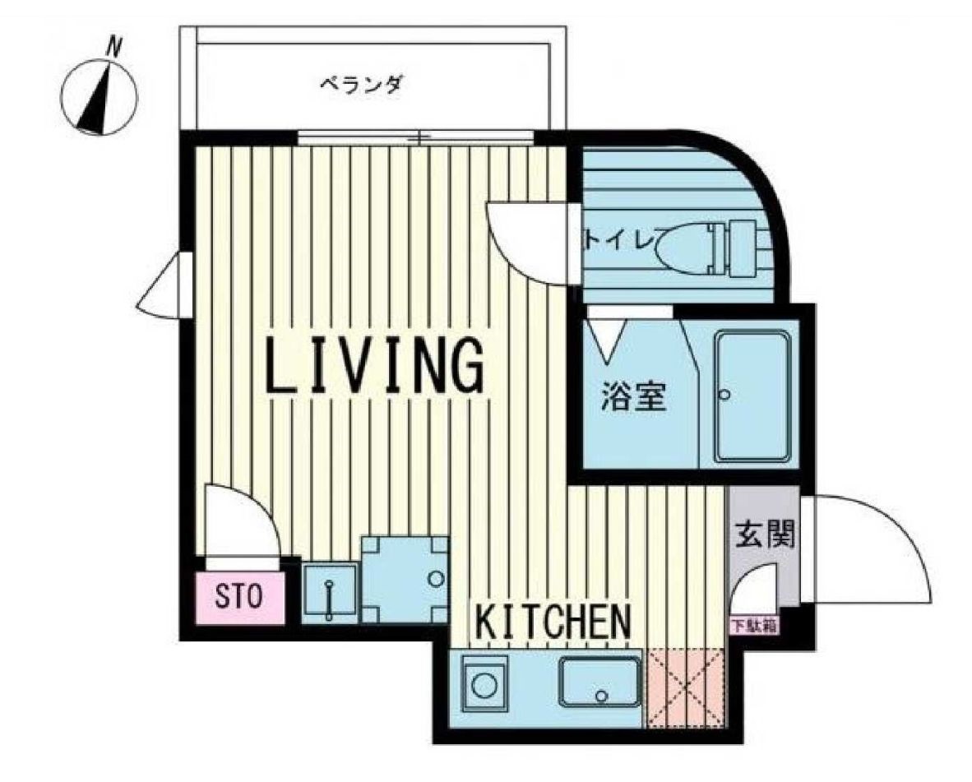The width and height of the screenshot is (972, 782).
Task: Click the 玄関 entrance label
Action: (762, 536)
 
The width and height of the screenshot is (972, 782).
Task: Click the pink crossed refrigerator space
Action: (686, 687)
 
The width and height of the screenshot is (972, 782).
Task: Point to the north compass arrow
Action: (98, 103)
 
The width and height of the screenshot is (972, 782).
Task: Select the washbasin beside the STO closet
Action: (329, 592)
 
